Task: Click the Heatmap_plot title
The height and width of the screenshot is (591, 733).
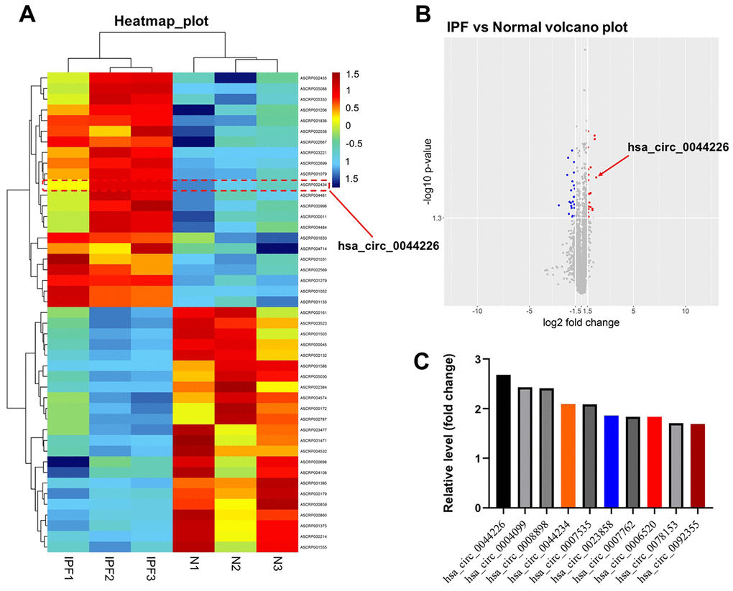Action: point(161,22)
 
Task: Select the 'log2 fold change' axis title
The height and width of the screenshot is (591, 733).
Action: point(581,322)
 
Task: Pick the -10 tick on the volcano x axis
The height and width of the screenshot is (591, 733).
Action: point(476,310)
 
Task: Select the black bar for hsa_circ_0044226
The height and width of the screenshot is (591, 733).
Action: point(503,441)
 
